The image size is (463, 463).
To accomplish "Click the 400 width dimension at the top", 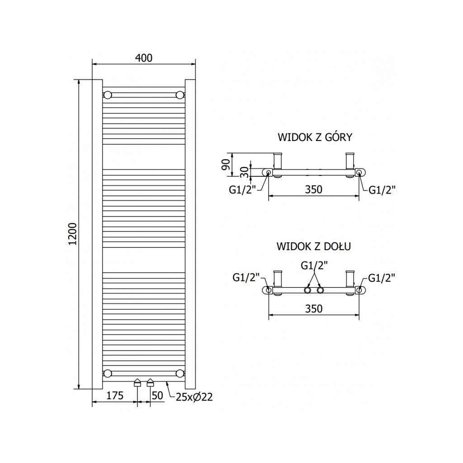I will pyautogui.click(x=144, y=58).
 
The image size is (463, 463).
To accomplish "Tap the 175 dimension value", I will pyautogui.click(x=115, y=396).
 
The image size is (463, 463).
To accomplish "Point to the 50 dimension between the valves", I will pyautogui.click(x=156, y=396).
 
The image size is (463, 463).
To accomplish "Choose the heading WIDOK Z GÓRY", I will pyautogui.click(x=315, y=137).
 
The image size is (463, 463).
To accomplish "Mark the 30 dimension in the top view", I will pyautogui.click(x=244, y=172).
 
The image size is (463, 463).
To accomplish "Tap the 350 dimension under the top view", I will pyautogui.click(x=313, y=189).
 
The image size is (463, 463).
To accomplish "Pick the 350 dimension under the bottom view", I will pyautogui.click(x=313, y=309).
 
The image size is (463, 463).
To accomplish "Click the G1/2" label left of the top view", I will pyautogui.click(x=242, y=189).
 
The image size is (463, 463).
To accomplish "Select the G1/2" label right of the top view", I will pyautogui.click(x=382, y=190).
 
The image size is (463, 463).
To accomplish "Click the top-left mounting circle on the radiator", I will pyautogui.click(x=108, y=95).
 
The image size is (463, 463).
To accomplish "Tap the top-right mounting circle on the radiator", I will pyautogui.click(x=180, y=95).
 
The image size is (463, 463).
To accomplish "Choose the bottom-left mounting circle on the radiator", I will pyautogui.click(x=108, y=373).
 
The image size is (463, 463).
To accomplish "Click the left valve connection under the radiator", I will pyautogui.click(x=137, y=383).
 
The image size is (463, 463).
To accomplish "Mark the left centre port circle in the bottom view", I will pyautogui.click(x=308, y=290).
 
